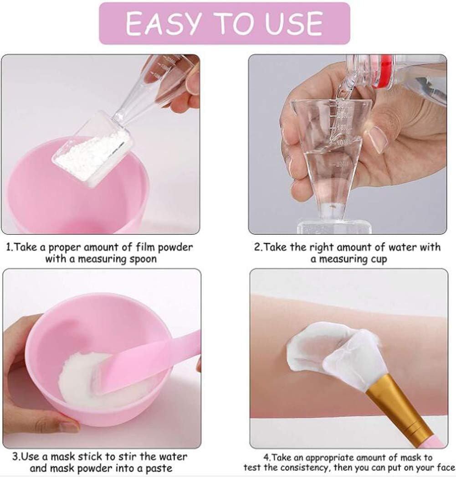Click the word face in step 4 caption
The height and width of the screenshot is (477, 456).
pos(444,468)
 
